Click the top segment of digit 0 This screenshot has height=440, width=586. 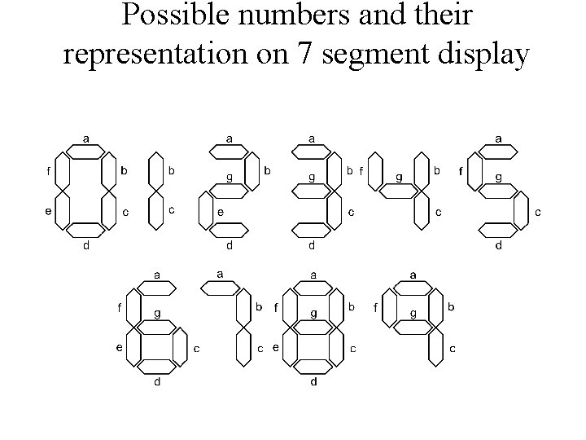(x=85, y=151)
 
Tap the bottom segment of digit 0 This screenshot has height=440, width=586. (x=85, y=230)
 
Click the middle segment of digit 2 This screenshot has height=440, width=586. (x=230, y=191)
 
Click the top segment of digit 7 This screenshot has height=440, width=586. (x=220, y=287)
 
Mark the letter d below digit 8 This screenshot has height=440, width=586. (x=313, y=381)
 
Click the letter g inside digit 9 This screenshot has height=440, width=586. (x=414, y=313)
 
